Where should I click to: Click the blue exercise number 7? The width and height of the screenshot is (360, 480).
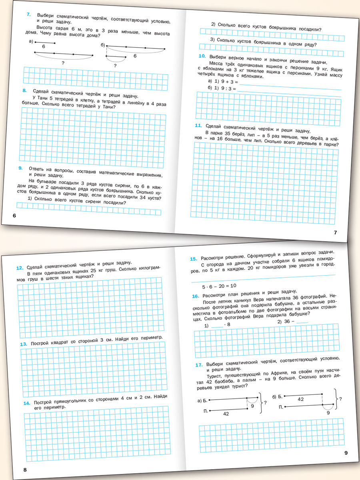coord(28,15)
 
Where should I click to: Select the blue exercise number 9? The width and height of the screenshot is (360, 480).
coord(20,168)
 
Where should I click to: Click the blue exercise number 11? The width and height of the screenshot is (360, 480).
coord(198,126)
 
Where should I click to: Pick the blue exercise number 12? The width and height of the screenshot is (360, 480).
coord(19,268)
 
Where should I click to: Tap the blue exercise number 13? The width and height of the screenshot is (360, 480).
coord(23,344)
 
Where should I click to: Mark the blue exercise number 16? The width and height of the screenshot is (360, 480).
coord(196,296)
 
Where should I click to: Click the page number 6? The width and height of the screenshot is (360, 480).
coord(14,216)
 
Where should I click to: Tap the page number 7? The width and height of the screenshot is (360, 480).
coord(336,232)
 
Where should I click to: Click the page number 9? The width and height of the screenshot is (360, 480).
coord(346,453)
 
